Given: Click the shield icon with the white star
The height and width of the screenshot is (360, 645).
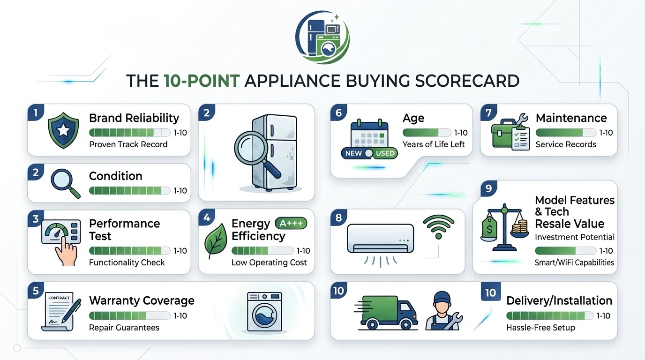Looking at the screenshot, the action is [x=63, y=130].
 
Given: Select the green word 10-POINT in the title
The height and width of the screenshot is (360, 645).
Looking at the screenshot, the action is [x=202, y=81].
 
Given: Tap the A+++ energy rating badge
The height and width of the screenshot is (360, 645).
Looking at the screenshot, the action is [x=291, y=223].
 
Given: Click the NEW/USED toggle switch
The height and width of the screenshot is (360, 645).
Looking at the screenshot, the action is [x=369, y=153].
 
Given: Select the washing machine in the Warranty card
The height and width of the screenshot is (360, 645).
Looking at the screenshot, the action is [x=265, y=312].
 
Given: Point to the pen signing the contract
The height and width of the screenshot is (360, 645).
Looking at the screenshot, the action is [x=71, y=311].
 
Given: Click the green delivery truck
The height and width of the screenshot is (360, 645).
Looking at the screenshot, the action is [x=386, y=313].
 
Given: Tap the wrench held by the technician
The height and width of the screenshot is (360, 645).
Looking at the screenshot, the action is [x=454, y=321].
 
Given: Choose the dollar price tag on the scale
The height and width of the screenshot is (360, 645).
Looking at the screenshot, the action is [x=489, y=227].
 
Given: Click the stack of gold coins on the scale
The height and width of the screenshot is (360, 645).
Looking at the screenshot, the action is [x=520, y=226].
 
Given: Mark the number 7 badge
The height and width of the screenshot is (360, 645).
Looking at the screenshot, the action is [x=488, y=112].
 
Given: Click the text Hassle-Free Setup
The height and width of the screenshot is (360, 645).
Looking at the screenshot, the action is [x=540, y=328].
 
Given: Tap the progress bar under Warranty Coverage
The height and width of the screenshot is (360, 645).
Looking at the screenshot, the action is [x=129, y=315].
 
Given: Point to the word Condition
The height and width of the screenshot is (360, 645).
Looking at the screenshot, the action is [x=115, y=176].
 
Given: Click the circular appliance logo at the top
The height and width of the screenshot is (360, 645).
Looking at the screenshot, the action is [x=322, y=37].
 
